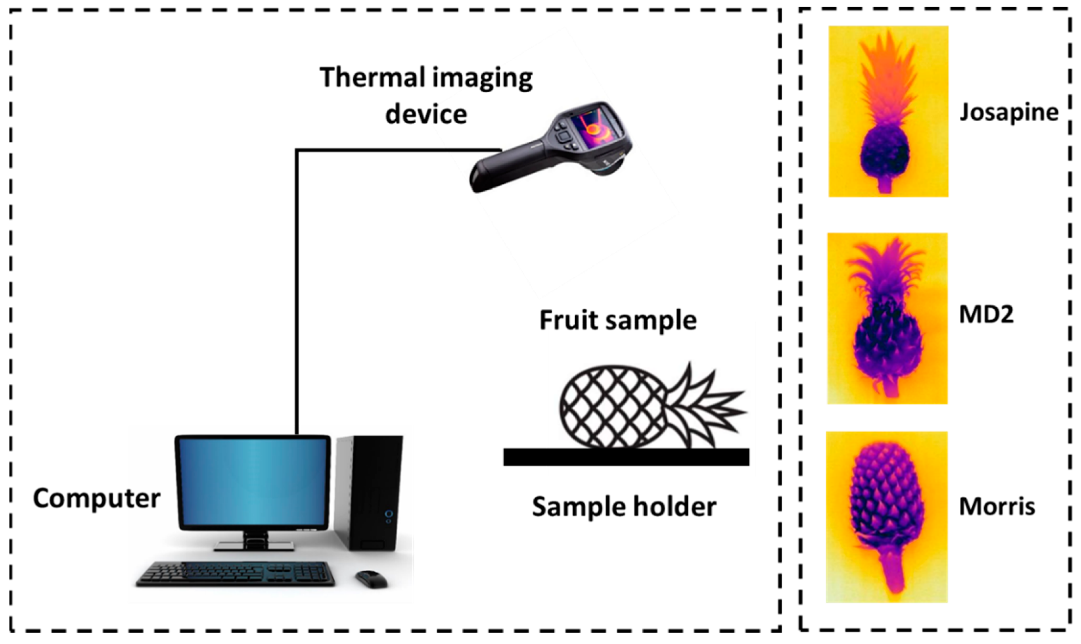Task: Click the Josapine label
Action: [x=1009, y=113]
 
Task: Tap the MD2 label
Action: [x=986, y=315]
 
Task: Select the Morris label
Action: [x=997, y=507]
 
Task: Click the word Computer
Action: [x=97, y=498]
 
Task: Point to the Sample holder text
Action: [x=624, y=507]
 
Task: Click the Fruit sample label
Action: [x=618, y=320]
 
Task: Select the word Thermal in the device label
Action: [x=372, y=78]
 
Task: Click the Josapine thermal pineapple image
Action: [x=888, y=111]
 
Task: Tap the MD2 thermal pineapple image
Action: [x=887, y=319]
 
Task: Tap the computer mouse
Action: [x=371, y=579]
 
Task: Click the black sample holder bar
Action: [x=626, y=457]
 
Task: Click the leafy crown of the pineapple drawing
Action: [x=705, y=406]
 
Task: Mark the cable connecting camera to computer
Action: [x=297, y=282]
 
